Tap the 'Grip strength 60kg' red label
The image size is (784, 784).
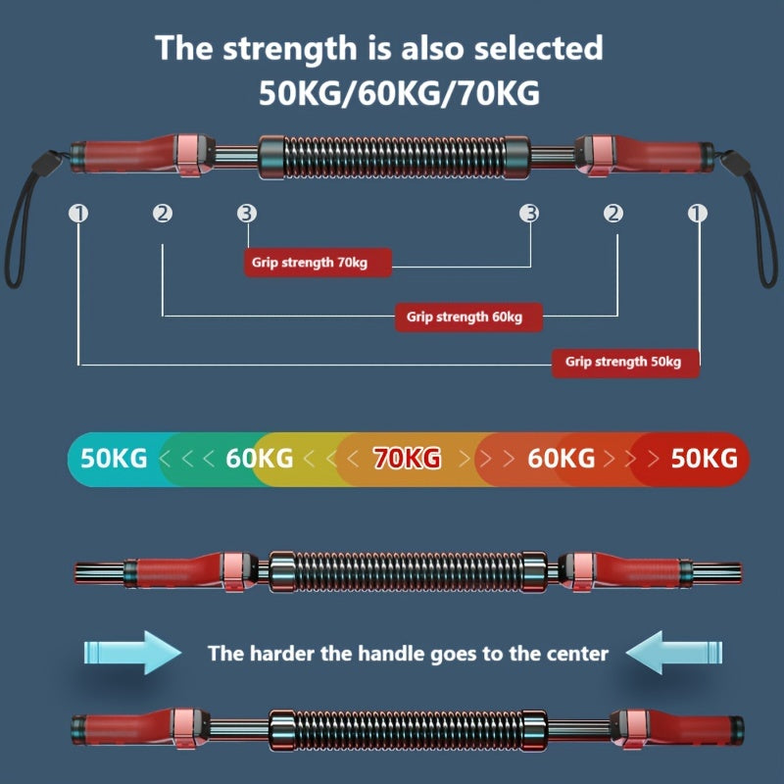click(x=467, y=317)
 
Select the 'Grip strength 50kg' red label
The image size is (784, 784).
click(x=625, y=362)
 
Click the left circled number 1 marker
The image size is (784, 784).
click(x=77, y=213)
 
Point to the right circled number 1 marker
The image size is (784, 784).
click(x=698, y=213)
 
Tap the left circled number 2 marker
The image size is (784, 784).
click(x=162, y=213)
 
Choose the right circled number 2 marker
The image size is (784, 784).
click(x=613, y=213)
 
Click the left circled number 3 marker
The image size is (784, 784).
click(x=247, y=213)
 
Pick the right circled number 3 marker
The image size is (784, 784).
click(x=529, y=213)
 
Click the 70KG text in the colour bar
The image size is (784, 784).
click(x=407, y=458)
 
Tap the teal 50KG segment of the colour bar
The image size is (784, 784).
click(x=114, y=458)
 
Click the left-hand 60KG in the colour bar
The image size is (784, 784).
click(x=259, y=458)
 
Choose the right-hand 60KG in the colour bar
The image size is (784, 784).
click(x=561, y=458)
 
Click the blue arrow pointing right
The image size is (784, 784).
click(x=132, y=652)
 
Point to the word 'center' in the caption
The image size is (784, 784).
click(x=573, y=653)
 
